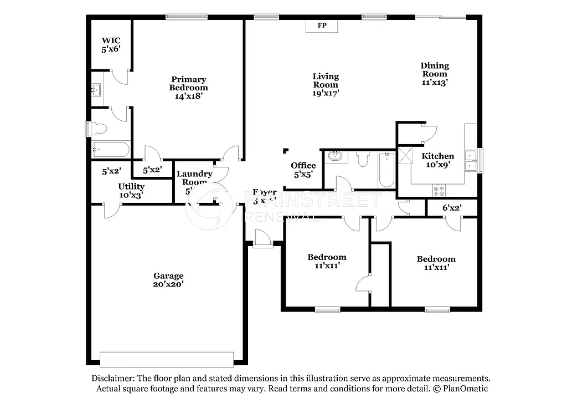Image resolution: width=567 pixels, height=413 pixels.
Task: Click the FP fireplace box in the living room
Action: pyautogui.click(x=321, y=26)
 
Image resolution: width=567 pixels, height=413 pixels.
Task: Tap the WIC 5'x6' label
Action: pyautogui.click(x=111, y=45)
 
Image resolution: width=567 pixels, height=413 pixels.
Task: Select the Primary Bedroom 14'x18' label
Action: pyautogui.click(x=188, y=88)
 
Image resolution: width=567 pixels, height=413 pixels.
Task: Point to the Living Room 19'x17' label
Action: pyautogui.click(x=325, y=85)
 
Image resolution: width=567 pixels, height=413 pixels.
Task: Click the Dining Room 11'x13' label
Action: pyautogui.click(x=434, y=74)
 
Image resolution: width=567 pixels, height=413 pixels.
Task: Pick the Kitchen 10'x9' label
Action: pyautogui.click(x=437, y=160)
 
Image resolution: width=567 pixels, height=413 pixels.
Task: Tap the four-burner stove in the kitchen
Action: pyautogui.click(x=439, y=191)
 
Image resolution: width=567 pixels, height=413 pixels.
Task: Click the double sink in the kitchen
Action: pyautogui.click(x=471, y=160)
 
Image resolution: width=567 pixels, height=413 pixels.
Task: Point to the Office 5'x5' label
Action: pyautogui.click(x=303, y=170)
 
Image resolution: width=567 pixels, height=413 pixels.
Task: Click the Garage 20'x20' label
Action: pyautogui.click(x=168, y=280)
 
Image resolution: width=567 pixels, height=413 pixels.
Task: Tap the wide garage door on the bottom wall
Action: pyautogui.click(x=167, y=359)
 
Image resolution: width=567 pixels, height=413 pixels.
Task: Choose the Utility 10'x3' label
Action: pyautogui.click(x=131, y=191)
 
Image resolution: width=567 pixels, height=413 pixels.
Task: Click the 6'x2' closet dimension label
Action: pyautogui.click(x=452, y=208)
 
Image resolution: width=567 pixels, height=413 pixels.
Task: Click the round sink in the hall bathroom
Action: pyautogui.click(x=334, y=156)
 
